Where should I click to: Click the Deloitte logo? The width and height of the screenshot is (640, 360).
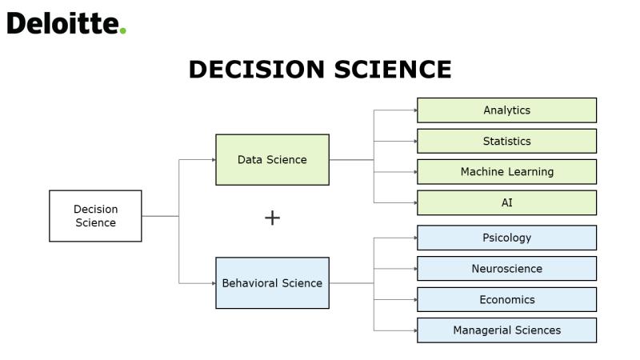point(66,23)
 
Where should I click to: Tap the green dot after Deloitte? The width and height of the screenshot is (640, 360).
point(123,30)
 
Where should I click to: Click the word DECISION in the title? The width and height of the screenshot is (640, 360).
point(257,70)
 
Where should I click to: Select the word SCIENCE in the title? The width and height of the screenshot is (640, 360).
point(393,70)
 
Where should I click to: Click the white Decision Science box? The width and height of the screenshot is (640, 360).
point(95,216)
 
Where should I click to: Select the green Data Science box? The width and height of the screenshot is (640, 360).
point(272,159)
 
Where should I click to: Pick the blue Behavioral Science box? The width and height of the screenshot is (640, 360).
point(272,283)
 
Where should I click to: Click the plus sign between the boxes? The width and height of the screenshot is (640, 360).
point(272,218)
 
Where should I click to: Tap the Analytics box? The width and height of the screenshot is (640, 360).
point(506,110)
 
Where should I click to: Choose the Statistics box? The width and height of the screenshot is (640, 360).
point(506,142)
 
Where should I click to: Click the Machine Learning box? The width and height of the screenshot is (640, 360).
point(506,172)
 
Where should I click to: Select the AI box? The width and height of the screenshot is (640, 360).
point(506,203)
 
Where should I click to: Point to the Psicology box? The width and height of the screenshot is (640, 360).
point(506,238)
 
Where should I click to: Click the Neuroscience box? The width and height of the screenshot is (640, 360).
point(506,269)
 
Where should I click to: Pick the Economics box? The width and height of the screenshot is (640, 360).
point(506,299)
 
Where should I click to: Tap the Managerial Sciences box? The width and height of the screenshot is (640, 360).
point(506,330)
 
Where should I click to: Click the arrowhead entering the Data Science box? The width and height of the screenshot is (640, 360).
point(214,159)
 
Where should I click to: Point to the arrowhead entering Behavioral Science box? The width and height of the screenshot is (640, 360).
point(214,283)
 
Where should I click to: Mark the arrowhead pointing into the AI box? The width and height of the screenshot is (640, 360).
point(415,203)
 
